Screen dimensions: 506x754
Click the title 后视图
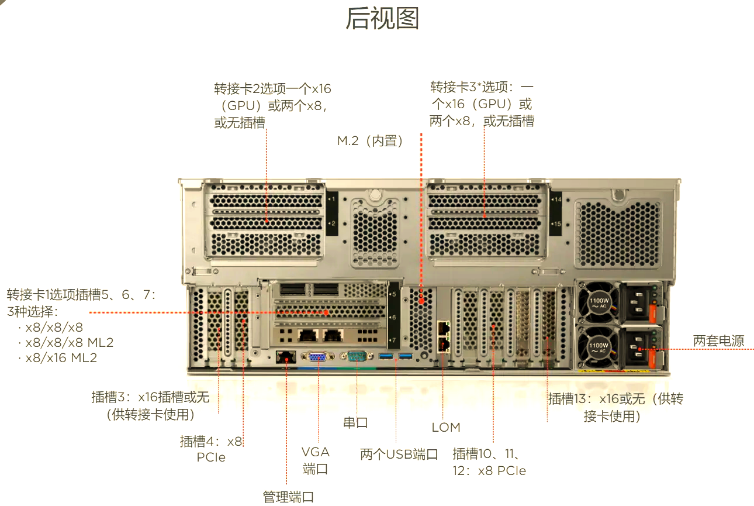(x=382, y=19)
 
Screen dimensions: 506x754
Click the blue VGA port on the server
(x=318, y=356)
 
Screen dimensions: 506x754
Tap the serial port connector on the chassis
(x=356, y=356)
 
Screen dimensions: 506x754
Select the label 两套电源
(x=718, y=341)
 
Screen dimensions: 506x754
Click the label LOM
(x=446, y=428)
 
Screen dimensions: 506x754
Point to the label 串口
(x=355, y=422)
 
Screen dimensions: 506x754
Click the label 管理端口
(x=288, y=497)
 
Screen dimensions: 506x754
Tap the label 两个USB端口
(x=399, y=455)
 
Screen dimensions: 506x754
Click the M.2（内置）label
(x=371, y=141)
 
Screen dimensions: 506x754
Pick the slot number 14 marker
(x=556, y=200)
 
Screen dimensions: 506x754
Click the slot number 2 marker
(x=332, y=224)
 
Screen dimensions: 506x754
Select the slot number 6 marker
(x=393, y=318)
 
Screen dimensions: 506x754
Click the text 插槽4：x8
(x=211, y=442)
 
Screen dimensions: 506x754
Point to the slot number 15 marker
(x=556, y=224)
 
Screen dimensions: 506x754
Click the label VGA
(x=316, y=452)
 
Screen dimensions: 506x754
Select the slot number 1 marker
(x=332, y=200)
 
